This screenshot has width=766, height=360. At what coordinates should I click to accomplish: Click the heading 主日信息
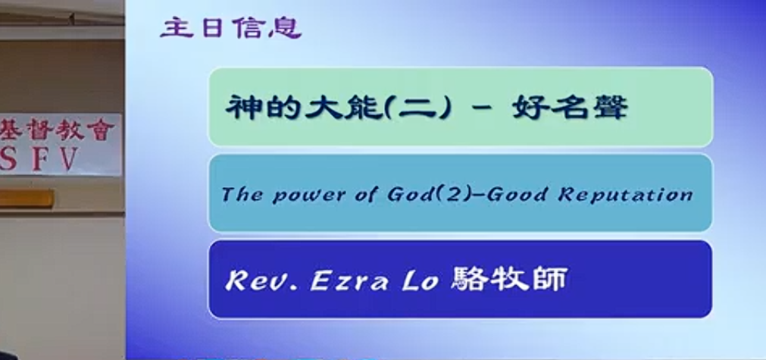[230, 28]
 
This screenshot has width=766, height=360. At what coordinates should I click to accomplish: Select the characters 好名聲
[570, 108]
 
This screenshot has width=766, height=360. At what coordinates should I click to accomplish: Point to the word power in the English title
[309, 196]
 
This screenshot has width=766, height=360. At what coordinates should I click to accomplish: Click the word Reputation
[626, 195]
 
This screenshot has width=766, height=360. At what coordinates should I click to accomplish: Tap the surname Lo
[421, 281]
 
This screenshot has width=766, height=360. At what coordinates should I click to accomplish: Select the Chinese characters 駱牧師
[509, 280]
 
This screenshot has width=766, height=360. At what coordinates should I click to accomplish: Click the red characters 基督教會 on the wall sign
[57, 130]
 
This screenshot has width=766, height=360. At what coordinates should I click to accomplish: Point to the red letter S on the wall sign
[7, 158]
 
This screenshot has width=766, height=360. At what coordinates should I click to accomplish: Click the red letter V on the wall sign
[69, 158]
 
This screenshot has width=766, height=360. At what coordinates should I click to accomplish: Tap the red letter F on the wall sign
[39, 158]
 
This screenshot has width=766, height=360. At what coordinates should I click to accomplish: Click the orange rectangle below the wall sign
[27, 199]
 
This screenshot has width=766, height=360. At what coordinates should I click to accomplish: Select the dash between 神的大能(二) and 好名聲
[482, 109]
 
